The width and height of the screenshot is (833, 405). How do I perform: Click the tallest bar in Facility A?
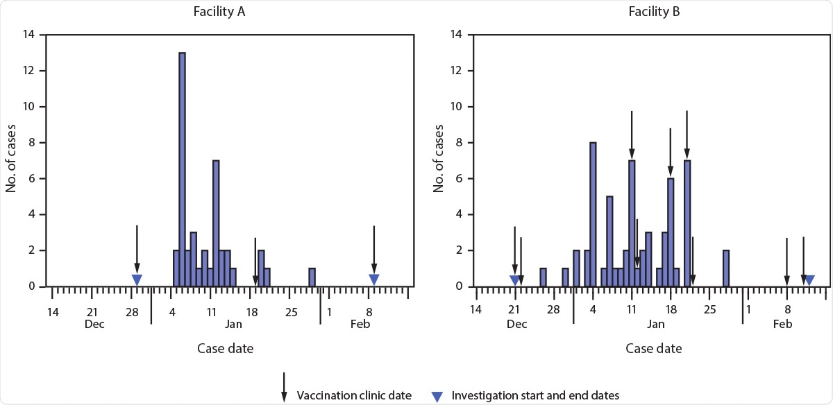(x=182, y=169)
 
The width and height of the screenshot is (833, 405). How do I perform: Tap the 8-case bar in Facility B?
(x=593, y=214)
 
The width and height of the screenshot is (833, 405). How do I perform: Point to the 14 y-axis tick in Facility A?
(x=31, y=35)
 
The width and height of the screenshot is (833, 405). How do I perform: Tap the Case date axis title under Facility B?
(x=653, y=348)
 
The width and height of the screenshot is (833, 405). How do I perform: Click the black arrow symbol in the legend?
(x=283, y=387)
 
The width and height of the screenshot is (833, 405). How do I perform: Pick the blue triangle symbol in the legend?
(x=437, y=396)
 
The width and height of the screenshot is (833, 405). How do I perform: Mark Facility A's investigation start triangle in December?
(x=137, y=279)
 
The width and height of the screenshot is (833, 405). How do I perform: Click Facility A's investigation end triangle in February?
(x=374, y=279)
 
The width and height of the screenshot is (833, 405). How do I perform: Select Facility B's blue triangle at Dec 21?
(x=514, y=279)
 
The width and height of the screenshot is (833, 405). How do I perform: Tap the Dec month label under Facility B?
(x=517, y=324)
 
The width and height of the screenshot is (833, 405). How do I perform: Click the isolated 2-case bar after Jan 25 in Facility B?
(x=725, y=268)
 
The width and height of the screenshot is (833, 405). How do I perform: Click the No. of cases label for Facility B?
(x=439, y=160)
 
